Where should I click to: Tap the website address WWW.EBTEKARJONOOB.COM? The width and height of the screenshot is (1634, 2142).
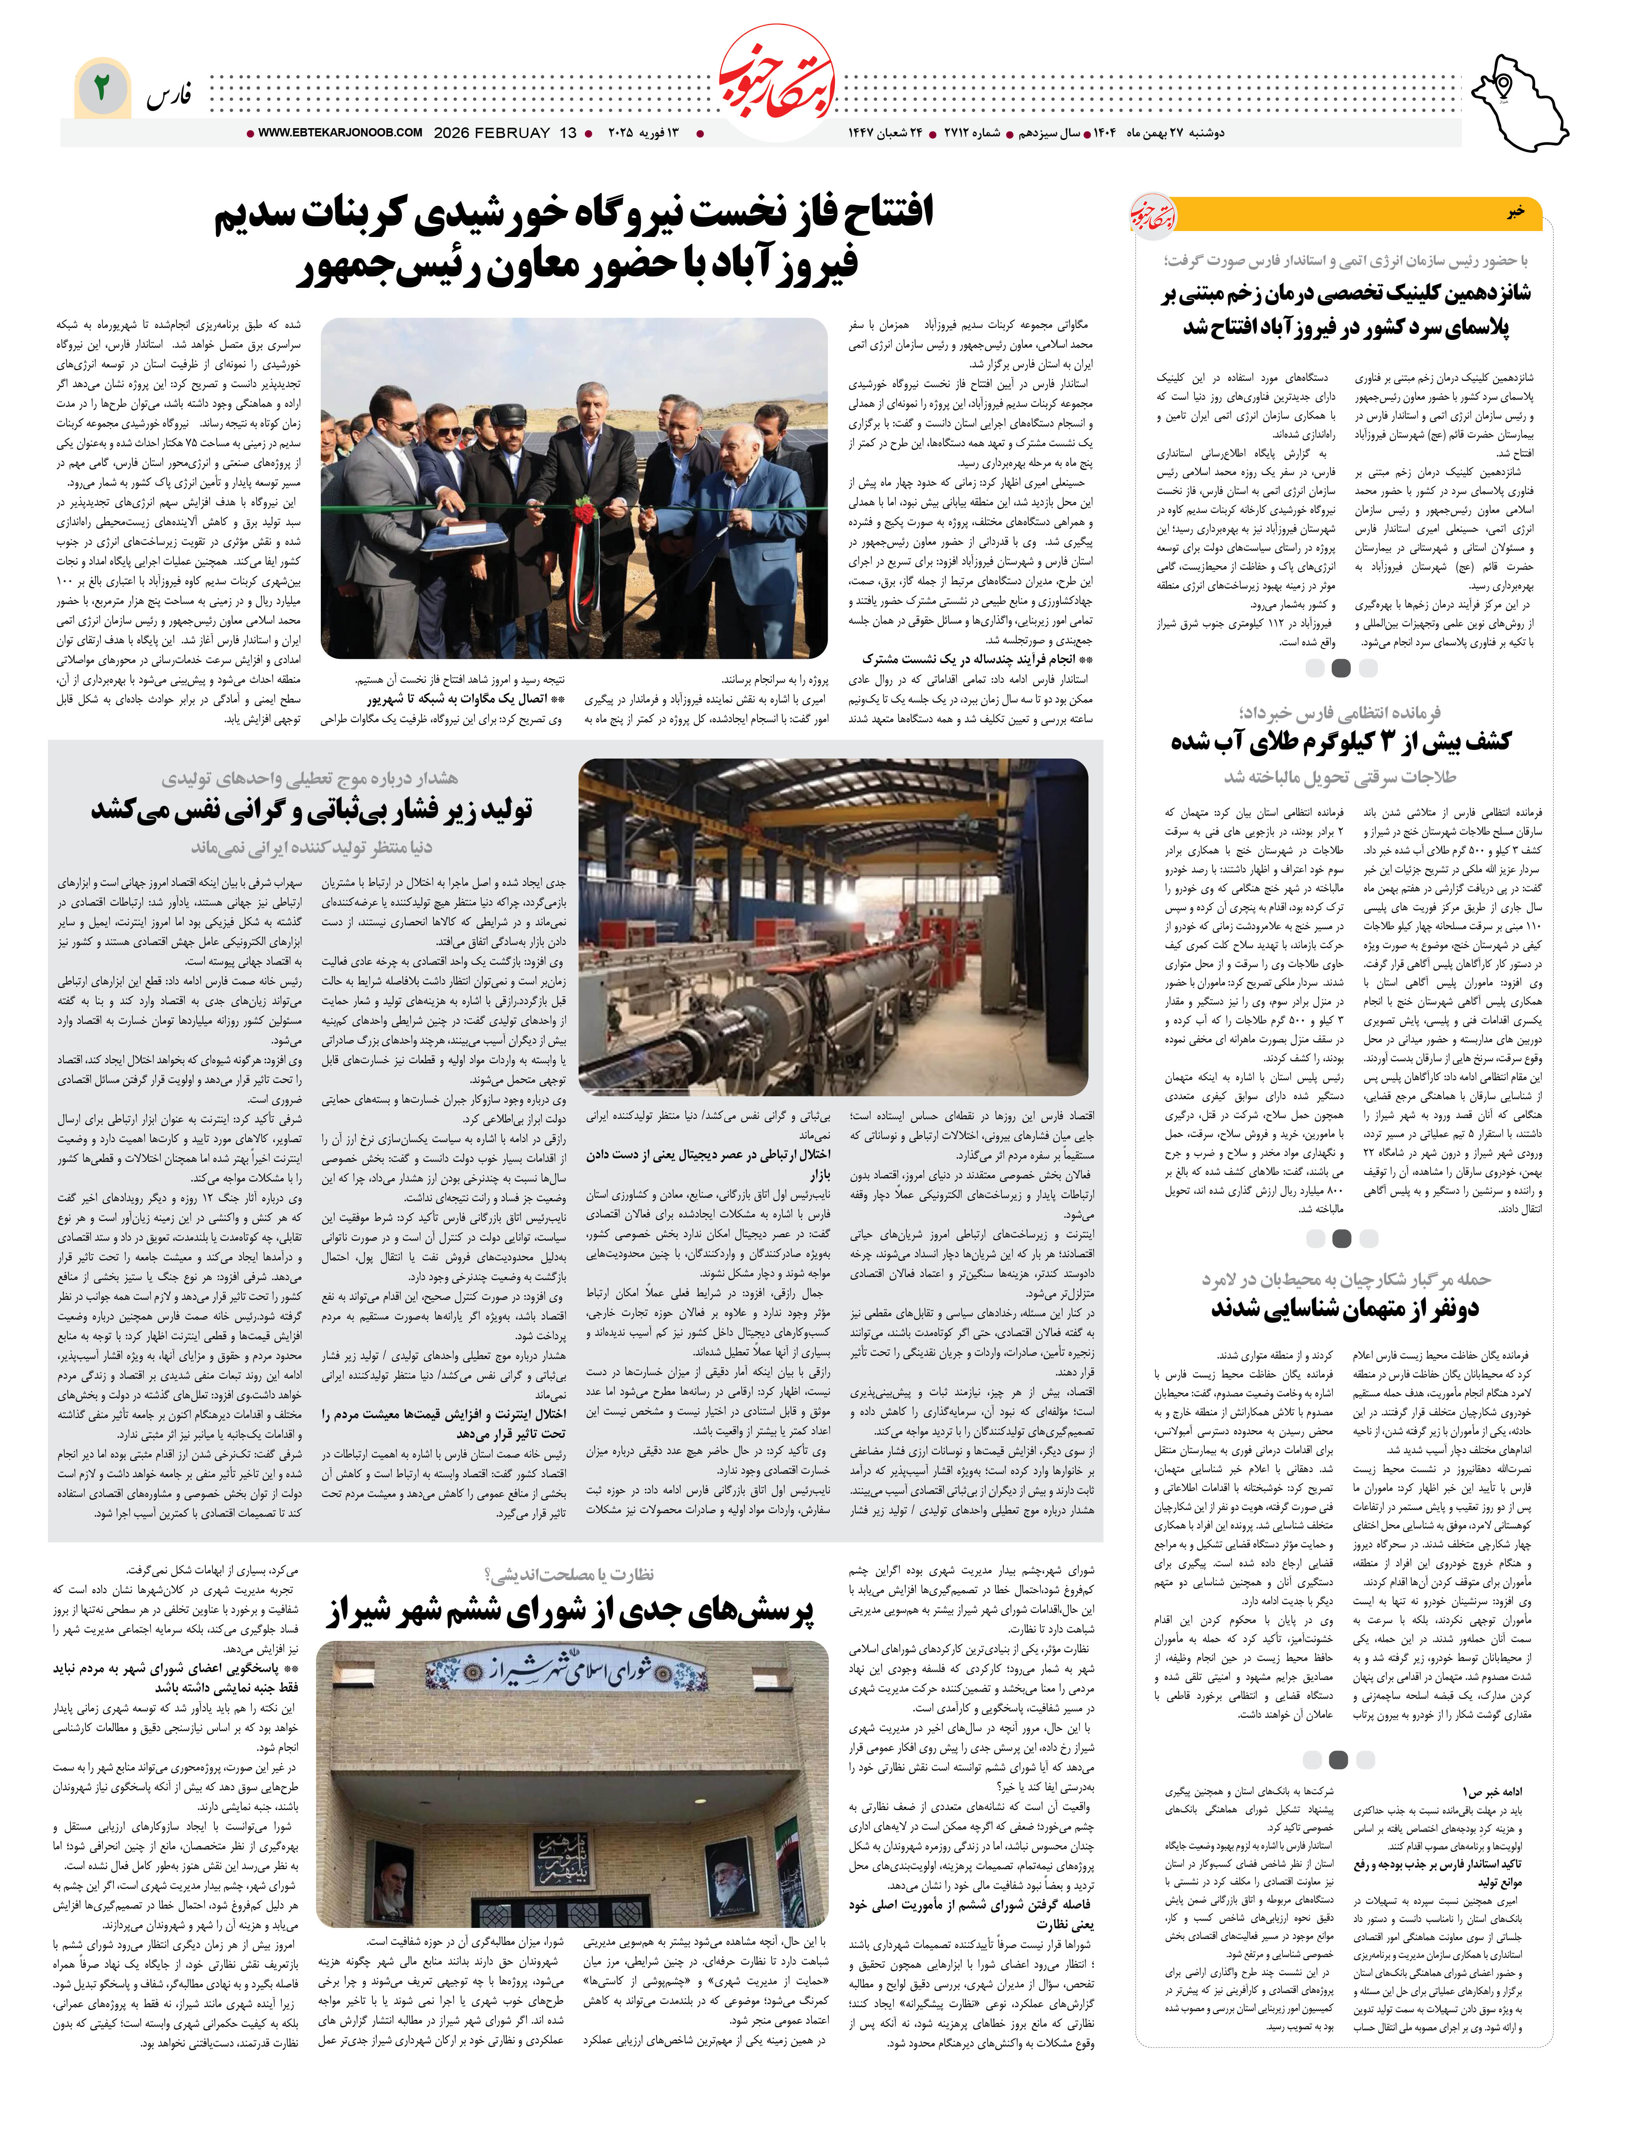point(341,133)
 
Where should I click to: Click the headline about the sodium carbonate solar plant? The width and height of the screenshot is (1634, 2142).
point(574,238)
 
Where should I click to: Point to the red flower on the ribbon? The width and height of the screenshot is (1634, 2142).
point(584,512)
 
